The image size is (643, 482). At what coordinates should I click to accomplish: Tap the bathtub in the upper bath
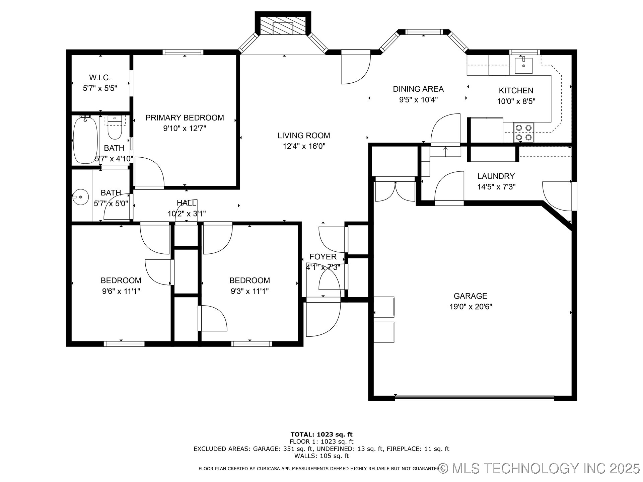(86, 140)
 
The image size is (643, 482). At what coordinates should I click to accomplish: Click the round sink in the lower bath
(80, 197)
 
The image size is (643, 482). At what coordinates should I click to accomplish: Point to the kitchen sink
(523, 66)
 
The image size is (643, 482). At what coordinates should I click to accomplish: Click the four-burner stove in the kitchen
(523, 132)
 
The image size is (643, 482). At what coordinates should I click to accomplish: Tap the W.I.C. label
(100, 78)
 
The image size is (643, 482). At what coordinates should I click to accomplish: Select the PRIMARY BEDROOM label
(185, 118)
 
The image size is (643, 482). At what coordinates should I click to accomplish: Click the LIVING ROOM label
(304, 136)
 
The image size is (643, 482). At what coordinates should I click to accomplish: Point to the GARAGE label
(471, 296)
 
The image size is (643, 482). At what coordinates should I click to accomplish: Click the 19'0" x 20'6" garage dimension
(471, 307)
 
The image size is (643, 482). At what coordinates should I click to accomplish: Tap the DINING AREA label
(418, 89)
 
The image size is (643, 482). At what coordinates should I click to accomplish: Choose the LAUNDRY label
(496, 176)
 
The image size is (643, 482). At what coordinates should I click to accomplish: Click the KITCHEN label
(516, 90)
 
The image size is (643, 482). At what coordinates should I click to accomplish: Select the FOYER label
(323, 257)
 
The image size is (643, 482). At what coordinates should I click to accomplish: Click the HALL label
(187, 203)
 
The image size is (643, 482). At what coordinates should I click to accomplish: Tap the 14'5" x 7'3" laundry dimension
(496, 187)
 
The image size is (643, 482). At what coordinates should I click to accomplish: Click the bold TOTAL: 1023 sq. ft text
(321, 434)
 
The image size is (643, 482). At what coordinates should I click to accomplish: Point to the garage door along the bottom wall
(475, 398)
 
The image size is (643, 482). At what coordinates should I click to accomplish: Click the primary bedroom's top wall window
(183, 52)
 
